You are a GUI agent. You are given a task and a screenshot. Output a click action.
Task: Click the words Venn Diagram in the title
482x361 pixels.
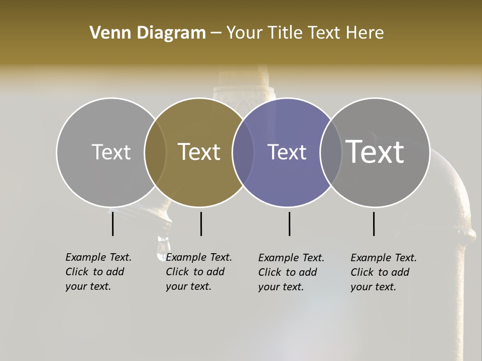point(148,33)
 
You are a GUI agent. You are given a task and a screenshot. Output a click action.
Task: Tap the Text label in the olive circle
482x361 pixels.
point(199,152)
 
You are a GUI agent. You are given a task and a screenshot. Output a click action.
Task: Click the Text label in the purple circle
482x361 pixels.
point(287,152)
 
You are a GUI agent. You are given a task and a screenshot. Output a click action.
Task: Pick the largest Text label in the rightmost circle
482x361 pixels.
point(375,151)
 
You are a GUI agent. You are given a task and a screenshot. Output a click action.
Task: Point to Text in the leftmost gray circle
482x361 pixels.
point(111,152)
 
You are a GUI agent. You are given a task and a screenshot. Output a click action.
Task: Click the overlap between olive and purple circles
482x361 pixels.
point(243,152)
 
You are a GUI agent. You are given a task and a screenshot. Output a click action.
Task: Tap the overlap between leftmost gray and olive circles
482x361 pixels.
point(155,152)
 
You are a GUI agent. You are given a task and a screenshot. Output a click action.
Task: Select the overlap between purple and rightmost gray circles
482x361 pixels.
point(330,152)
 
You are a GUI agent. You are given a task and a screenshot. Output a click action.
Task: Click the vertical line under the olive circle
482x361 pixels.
point(201,224)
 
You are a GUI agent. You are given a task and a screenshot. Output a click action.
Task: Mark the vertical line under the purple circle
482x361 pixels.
point(290,224)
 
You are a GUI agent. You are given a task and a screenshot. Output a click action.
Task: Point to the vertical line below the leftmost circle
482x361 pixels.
point(113,224)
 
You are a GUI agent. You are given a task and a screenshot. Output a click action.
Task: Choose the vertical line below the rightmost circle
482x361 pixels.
point(374,224)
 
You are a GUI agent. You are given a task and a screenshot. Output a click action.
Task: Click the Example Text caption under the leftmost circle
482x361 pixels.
point(98,272)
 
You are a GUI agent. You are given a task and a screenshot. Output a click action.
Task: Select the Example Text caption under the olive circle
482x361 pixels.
point(198,272)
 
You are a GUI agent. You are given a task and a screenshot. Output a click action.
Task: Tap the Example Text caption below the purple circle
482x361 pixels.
point(291,272)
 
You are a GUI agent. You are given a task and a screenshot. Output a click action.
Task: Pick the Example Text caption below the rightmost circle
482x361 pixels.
point(383,272)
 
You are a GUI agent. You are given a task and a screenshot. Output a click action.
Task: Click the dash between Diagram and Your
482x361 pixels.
point(216,34)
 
